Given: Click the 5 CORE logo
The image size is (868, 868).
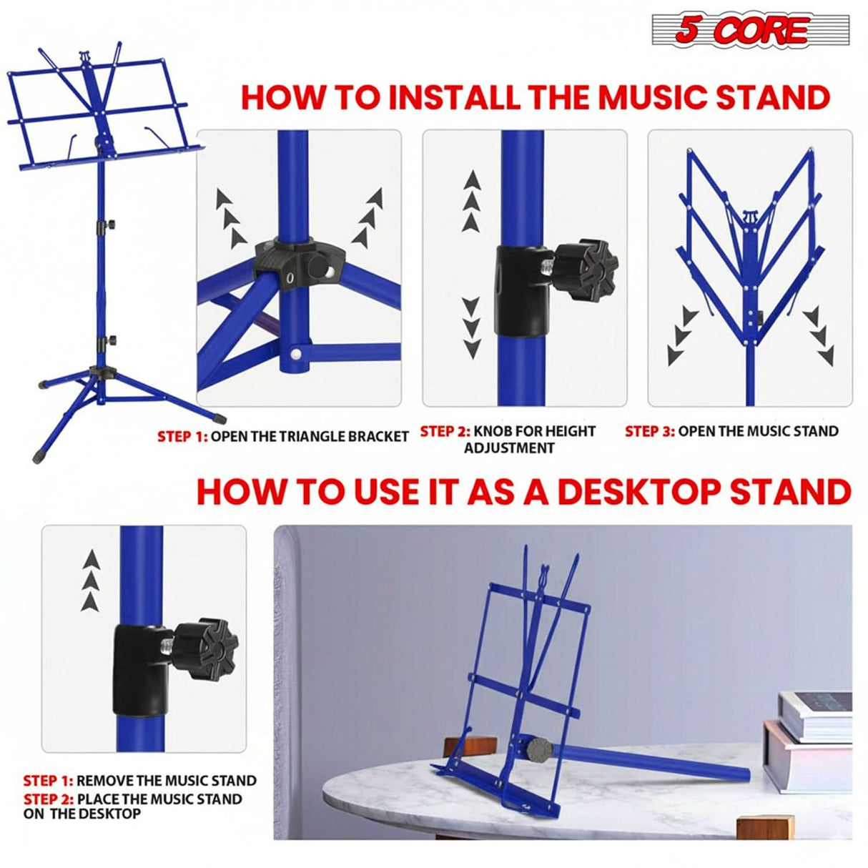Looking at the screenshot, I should (750, 30).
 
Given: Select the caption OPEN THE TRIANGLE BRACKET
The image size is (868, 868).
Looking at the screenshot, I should (309, 436).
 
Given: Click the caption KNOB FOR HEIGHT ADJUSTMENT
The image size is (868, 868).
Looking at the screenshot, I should (533, 439).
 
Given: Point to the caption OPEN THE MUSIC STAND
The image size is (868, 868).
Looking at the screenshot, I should (758, 431).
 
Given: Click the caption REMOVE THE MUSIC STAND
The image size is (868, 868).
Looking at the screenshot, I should (166, 781).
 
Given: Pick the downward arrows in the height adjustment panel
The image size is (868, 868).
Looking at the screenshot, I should (471, 328).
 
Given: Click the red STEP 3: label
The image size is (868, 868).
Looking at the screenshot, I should (649, 431).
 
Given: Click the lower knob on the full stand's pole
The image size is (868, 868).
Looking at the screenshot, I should (110, 340).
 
